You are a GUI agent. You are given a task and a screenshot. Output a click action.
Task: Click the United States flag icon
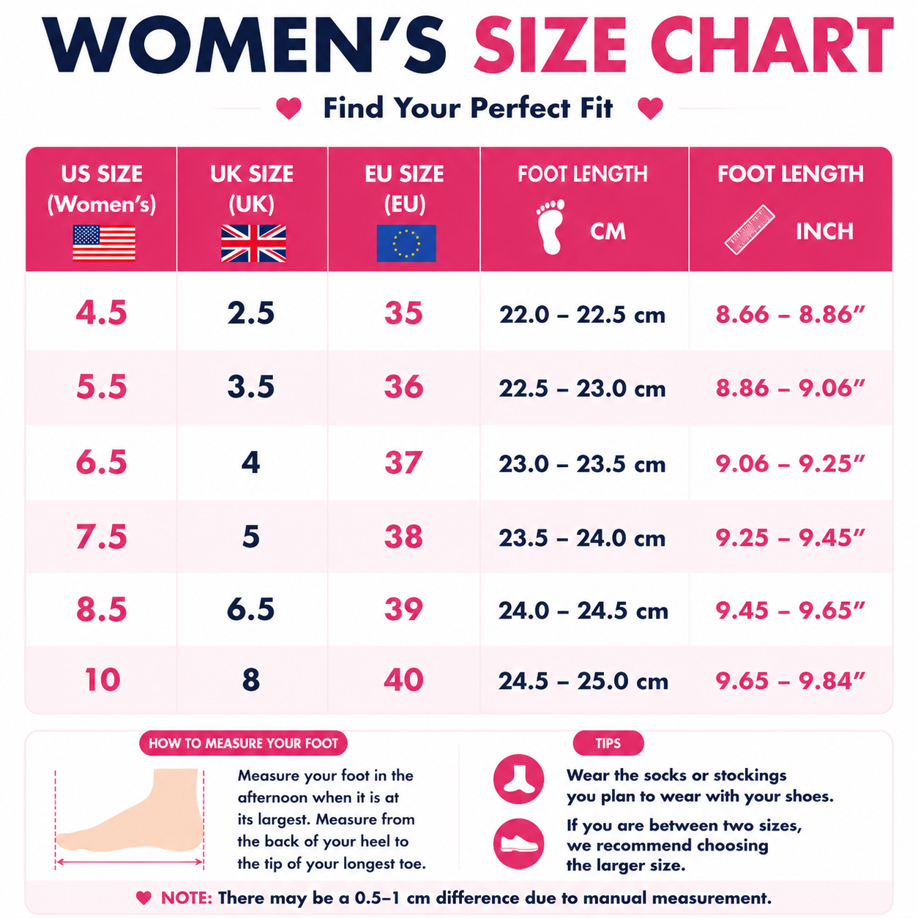[104, 243]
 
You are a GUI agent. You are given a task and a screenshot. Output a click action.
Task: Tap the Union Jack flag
[253, 243]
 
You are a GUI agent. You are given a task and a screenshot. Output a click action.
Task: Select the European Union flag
[406, 243]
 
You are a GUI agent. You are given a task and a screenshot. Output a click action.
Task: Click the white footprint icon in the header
[551, 226]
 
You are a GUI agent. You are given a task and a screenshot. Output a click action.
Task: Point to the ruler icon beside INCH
[750, 230]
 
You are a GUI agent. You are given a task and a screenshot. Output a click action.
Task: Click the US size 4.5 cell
[102, 313]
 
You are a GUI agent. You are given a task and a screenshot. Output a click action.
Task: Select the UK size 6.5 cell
[250, 609]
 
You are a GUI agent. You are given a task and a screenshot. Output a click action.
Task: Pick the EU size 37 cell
[403, 463]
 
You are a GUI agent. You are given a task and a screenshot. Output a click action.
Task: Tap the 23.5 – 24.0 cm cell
[582, 538]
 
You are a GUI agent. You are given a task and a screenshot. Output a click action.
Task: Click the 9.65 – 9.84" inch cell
[791, 681]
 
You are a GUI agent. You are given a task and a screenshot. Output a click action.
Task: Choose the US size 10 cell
[102, 680]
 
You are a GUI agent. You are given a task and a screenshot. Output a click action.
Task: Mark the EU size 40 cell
[403, 680]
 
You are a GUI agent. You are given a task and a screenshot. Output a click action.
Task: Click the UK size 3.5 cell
[250, 387]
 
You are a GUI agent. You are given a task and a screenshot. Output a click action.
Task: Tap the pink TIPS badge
[608, 743]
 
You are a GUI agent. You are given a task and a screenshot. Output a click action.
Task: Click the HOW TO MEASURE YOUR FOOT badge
[244, 743]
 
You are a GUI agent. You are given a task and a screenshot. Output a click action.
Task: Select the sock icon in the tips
[518, 780]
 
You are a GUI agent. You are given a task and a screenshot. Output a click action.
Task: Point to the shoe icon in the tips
[518, 844]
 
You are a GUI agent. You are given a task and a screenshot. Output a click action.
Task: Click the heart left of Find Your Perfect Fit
[288, 108]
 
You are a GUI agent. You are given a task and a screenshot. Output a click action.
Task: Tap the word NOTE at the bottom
[186, 898]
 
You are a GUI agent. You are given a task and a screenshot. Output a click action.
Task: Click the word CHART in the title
[772, 45]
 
